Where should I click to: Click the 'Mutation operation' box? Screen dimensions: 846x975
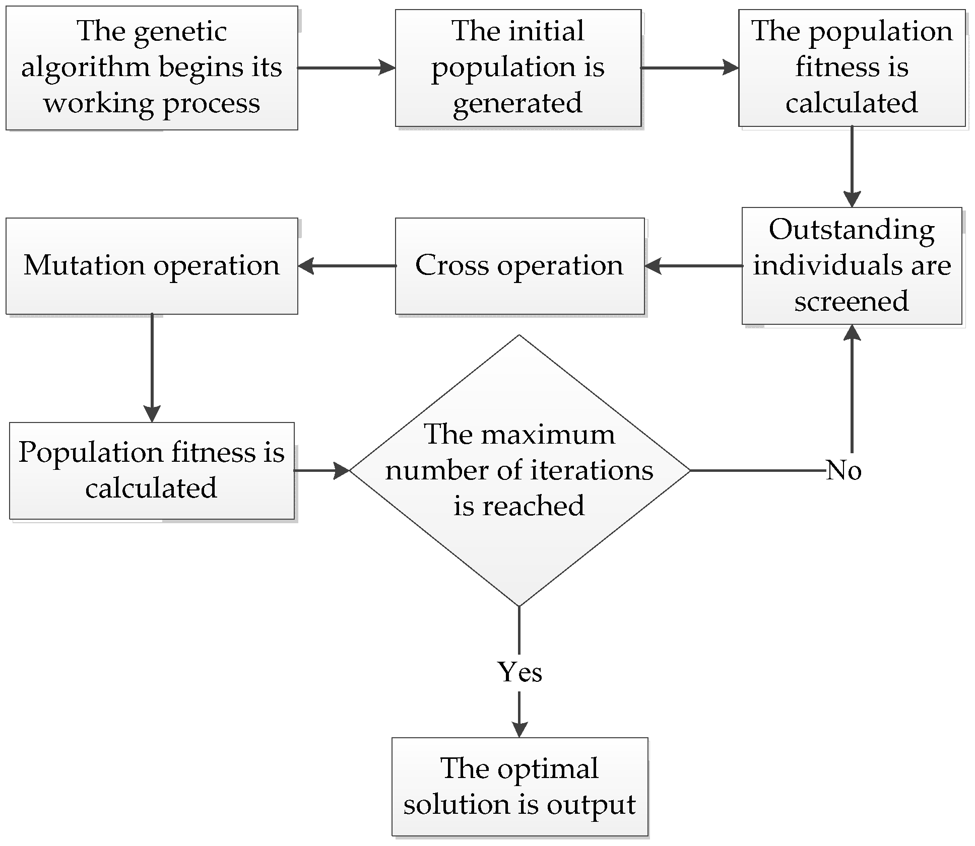coord(152,266)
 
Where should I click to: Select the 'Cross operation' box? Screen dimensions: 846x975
coord(519,266)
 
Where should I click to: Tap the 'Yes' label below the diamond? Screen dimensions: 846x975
coord(519,672)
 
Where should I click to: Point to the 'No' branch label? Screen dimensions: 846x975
coord(844,471)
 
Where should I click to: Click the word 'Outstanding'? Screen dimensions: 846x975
coord(852,231)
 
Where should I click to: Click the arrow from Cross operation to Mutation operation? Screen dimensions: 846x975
coord(348,266)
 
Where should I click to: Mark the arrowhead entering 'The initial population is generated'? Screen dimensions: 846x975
coord(387,67)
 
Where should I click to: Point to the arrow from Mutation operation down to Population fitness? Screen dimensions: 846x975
coord(152,368)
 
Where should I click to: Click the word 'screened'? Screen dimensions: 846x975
coord(852,302)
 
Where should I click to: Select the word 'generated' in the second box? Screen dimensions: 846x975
coord(517,103)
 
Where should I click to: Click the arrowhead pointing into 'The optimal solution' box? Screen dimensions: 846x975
coord(519,729)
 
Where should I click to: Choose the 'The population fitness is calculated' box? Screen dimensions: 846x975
coord(852,67)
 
